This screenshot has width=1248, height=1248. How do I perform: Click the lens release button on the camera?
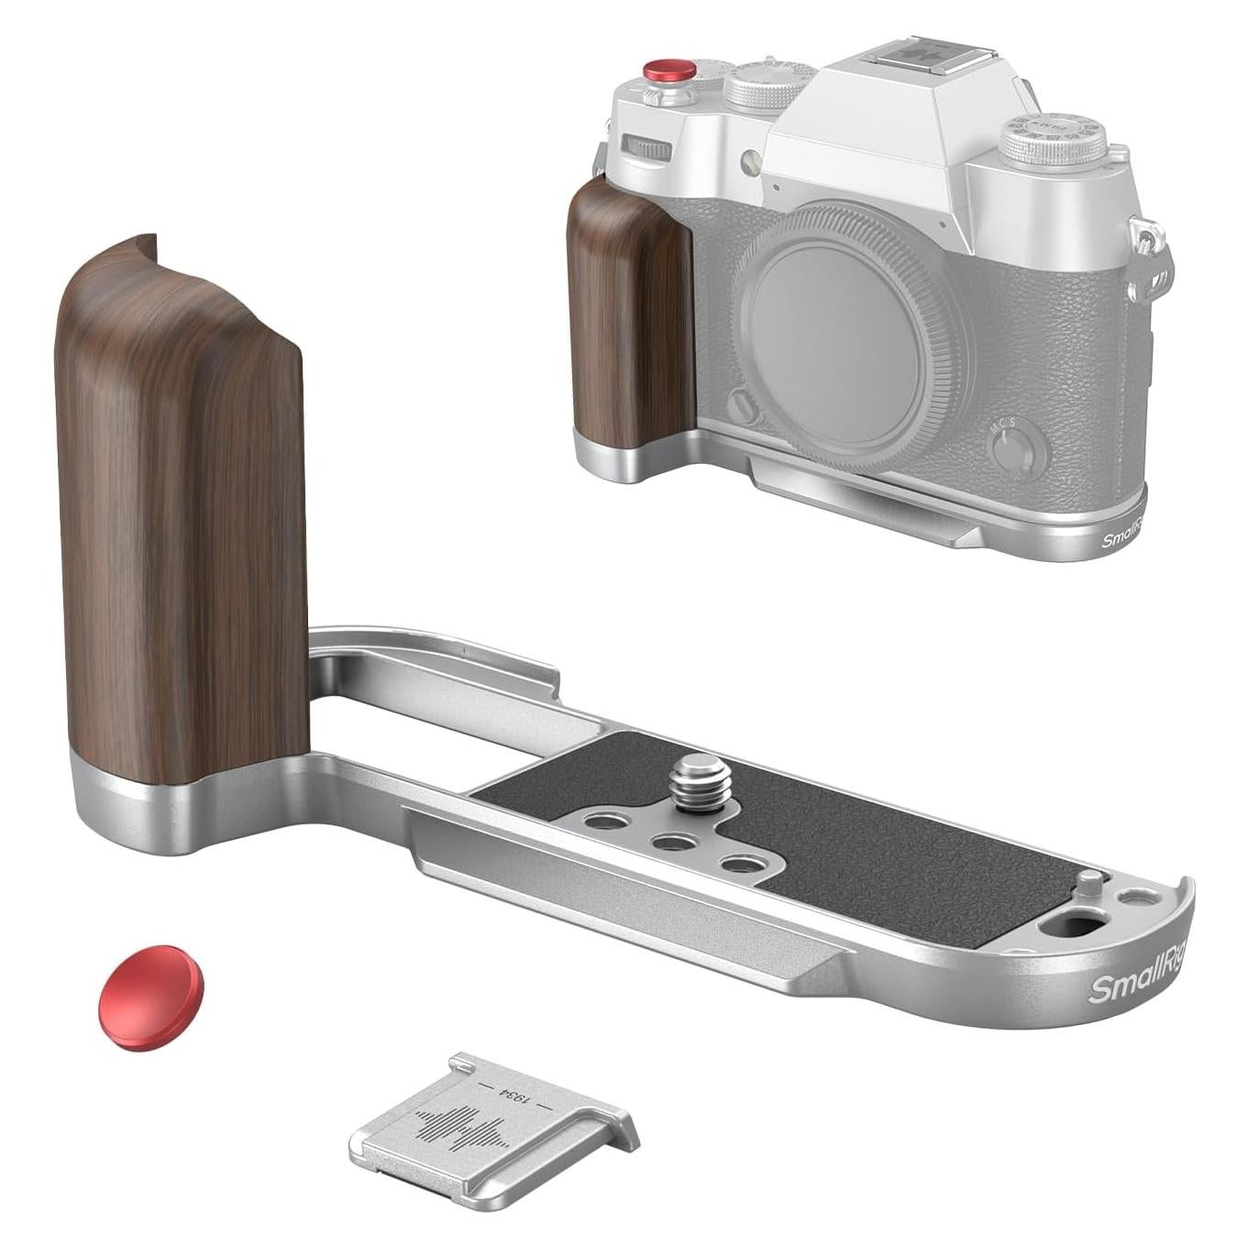[x=744, y=405]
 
